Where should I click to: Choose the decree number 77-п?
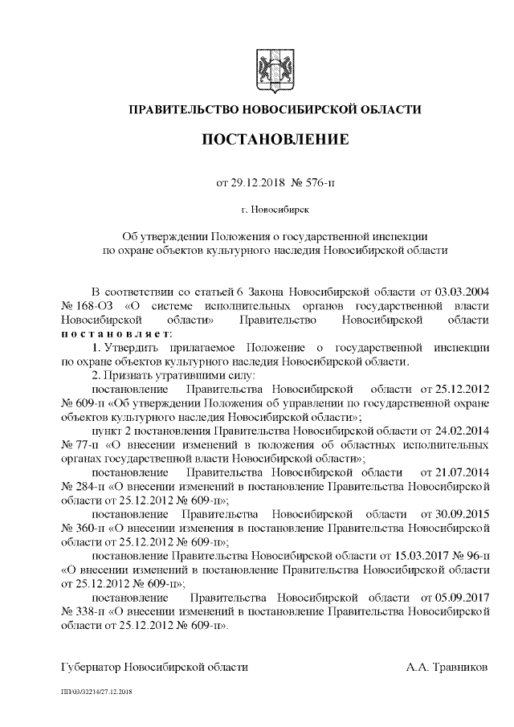click(85, 446)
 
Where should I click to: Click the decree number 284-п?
click(88, 488)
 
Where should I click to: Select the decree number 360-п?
click(88, 529)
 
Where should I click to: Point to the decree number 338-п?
click(88, 613)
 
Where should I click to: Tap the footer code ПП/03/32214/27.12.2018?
click(97, 691)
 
